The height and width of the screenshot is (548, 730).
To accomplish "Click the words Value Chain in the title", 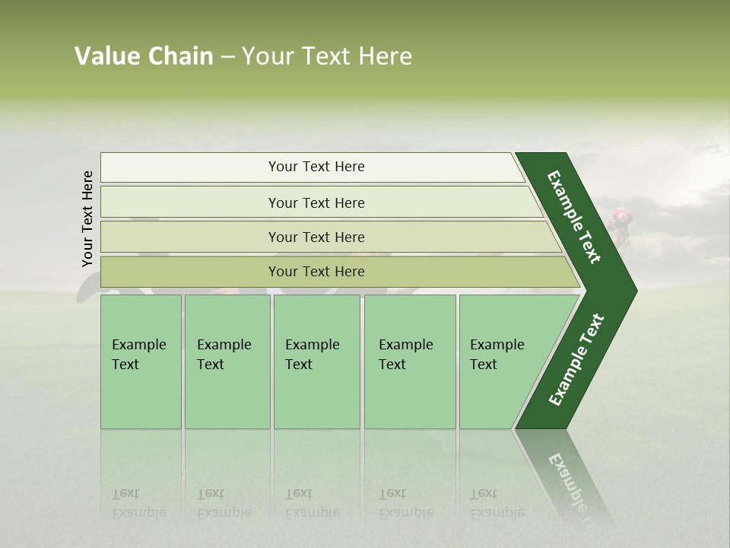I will [x=144, y=56].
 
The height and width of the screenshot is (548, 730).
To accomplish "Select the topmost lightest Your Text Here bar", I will [x=316, y=167].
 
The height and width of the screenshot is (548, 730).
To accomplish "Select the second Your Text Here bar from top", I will [x=316, y=202].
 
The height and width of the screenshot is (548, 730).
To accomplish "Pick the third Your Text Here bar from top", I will [x=316, y=237].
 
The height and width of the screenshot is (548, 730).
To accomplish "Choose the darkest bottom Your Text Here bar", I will [x=316, y=272].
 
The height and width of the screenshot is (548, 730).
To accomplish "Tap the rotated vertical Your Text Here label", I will [x=87, y=218].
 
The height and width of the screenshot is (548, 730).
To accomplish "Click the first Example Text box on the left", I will [x=140, y=362].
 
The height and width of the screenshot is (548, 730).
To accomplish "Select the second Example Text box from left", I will [x=226, y=362].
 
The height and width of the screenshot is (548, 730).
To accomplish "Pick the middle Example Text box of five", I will [x=316, y=362].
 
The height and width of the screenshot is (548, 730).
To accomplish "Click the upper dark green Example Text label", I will [x=575, y=217].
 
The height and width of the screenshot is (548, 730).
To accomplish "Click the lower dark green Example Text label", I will [x=576, y=360].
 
